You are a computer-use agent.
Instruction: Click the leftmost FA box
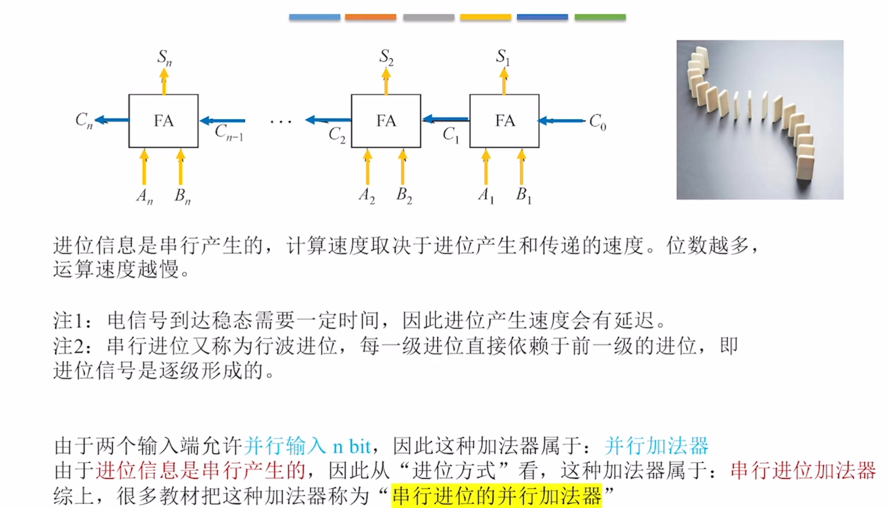tap(163, 121)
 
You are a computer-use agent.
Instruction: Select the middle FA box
tap(386, 121)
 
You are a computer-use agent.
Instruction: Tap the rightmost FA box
tap(504, 121)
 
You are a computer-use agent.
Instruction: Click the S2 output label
tap(386, 57)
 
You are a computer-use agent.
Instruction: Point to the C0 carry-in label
tap(597, 121)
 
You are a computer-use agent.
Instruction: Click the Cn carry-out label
tap(84, 120)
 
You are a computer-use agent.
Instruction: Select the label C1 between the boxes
tap(450, 134)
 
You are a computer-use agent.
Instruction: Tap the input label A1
tap(485, 195)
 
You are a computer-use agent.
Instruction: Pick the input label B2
tap(404, 195)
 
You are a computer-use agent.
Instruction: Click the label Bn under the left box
tap(182, 196)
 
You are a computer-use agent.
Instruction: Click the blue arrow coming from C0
tap(561, 120)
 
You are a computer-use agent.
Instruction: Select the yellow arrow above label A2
tap(367, 167)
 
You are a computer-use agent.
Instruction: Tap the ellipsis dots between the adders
tap(281, 121)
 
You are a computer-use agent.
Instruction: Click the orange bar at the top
tap(371, 17)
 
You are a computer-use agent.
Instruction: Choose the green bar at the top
tap(600, 17)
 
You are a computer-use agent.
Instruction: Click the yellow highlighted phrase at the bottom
tap(496, 496)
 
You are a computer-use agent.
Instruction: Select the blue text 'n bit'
tap(351, 447)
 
